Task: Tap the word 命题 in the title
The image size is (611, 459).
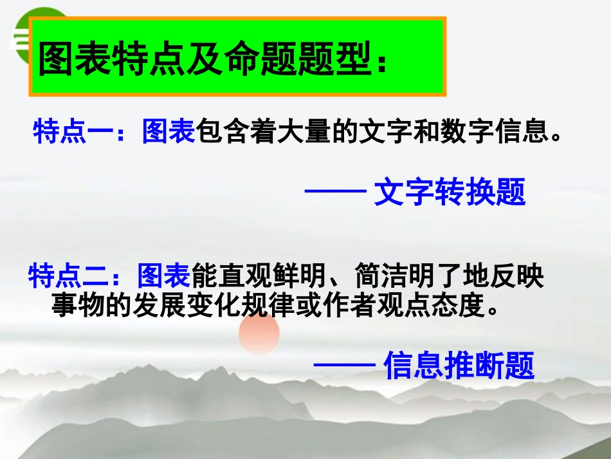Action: (x=256, y=60)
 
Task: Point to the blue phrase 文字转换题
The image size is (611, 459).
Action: (x=450, y=192)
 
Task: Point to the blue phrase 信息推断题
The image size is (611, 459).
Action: (x=459, y=366)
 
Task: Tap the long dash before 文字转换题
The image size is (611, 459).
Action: (x=335, y=192)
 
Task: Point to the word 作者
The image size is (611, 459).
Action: (x=363, y=306)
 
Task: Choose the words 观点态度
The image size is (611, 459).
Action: (x=438, y=306)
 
